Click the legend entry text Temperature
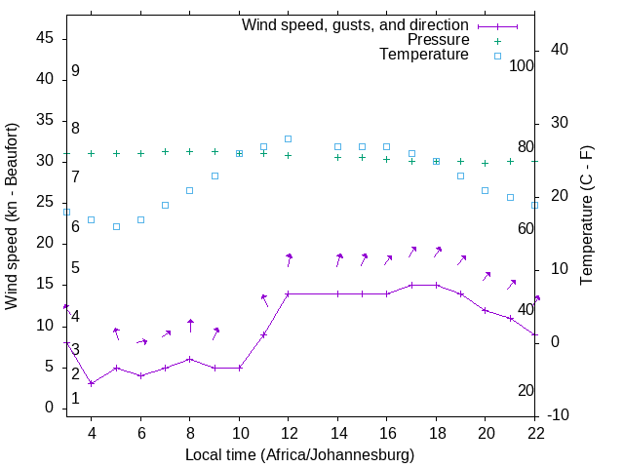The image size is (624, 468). (424, 55)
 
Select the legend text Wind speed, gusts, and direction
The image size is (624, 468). (356, 24)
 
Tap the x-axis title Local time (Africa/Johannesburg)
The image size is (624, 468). (299, 454)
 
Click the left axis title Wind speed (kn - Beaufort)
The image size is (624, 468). (12, 216)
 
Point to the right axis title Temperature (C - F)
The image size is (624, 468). (586, 216)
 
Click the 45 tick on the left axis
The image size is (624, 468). (45, 38)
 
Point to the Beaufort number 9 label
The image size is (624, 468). (75, 72)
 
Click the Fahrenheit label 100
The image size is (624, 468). (522, 65)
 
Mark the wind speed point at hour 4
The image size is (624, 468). (92, 383)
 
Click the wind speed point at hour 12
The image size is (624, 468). (289, 293)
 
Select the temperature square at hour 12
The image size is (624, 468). (289, 138)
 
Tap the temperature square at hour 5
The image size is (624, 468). (116, 226)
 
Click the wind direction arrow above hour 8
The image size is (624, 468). (190, 325)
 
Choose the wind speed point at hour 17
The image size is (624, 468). (411, 285)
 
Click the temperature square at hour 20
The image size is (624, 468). (486, 190)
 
